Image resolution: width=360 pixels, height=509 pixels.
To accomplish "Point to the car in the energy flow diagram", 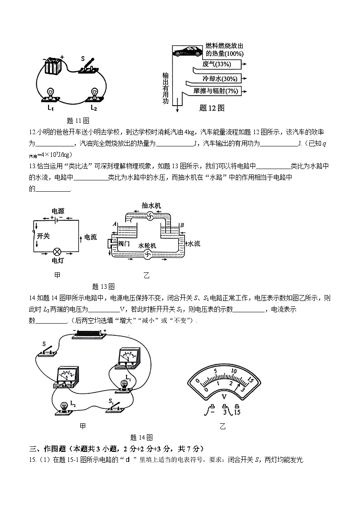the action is tap(187, 51).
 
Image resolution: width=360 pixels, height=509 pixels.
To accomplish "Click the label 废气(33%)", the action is tap(217, 64).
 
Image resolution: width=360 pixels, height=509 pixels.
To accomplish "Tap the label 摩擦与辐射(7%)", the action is tap(216, 91).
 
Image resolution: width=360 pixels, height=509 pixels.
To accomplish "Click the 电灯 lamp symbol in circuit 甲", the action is tap(57, 252).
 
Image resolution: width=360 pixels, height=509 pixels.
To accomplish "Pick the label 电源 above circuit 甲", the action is tap(58, 211).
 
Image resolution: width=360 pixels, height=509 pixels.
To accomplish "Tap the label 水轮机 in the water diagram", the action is tap(147, 245).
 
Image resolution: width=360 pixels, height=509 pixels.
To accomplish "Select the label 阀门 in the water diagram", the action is tap(124, 243).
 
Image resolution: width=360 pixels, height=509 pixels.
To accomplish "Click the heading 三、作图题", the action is tap(50, 449).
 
